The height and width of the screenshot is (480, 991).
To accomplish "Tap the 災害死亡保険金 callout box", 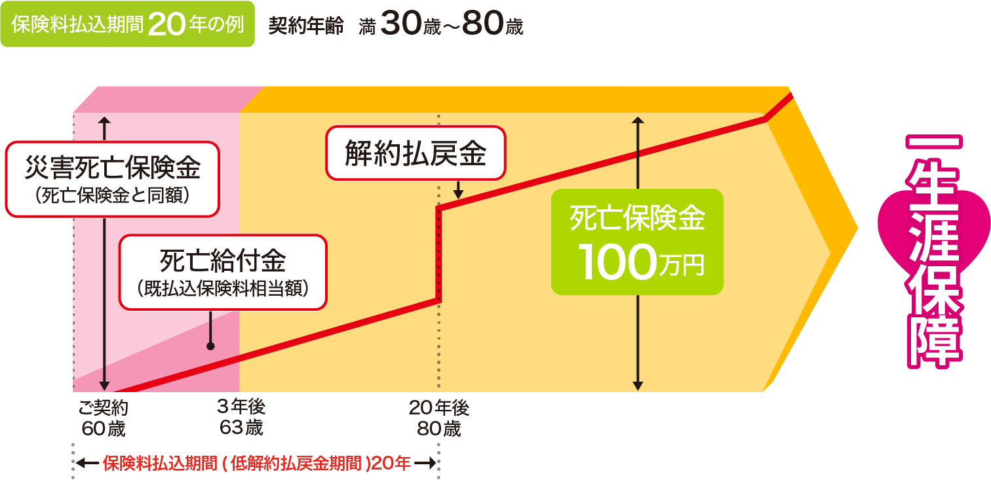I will [x=112, y=179].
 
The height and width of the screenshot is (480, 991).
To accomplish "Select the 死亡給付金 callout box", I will [x=222, y=272].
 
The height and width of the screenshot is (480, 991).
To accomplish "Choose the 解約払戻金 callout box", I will [x=416, y=153].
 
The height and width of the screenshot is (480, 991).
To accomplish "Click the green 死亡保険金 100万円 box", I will [x=637, y=242].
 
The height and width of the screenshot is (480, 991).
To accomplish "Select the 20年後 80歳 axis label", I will [x=439, y=418].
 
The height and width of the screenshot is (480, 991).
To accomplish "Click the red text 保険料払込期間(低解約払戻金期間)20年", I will [x=257, y=464].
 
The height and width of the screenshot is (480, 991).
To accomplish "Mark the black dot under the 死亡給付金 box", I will [x=210, y=346].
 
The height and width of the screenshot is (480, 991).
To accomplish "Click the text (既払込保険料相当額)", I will [x=222, y=289].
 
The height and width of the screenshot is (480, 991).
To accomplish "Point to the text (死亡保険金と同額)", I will [x=112, y=194].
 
